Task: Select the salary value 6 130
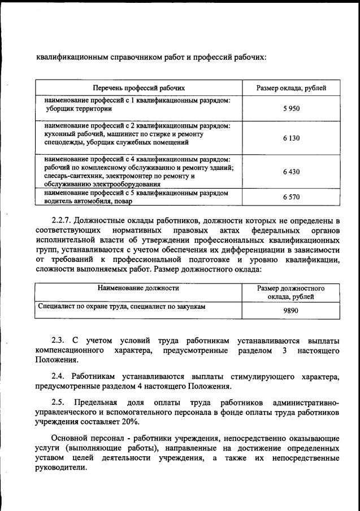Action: coord(291,138)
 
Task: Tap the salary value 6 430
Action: coord(291,172)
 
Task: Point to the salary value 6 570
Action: coord(291,197)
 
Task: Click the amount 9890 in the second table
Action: coord(291,311)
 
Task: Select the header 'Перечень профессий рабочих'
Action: coord(139,88)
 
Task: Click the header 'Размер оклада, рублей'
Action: coord(291,88)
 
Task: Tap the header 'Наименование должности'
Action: coord(138,288)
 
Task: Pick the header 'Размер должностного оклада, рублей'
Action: coord(291,292)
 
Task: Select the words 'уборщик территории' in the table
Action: coord(79,109)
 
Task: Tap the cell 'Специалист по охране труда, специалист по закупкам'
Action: coord(121,307)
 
